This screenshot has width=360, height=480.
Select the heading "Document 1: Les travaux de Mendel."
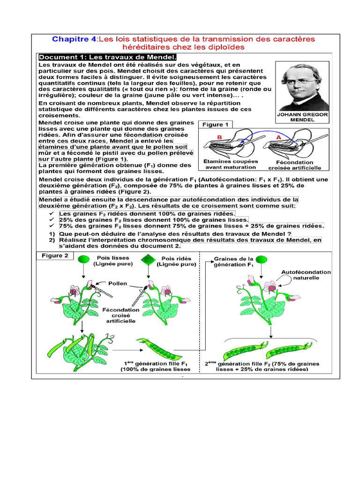(x=107, y=57)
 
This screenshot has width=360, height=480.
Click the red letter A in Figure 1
(x=278, y=137)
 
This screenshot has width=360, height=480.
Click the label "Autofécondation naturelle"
(x=306, y=275)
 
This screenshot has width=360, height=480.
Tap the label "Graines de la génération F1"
(x=233, y=261)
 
